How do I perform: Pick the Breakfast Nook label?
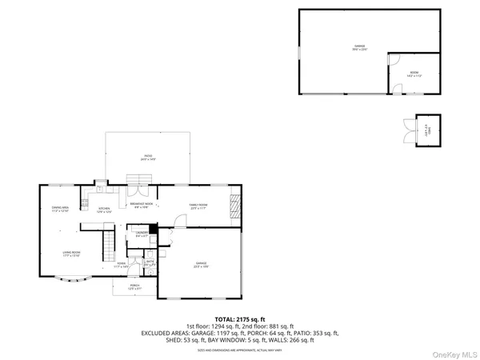click(141, 205)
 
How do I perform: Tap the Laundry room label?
click(142, 234)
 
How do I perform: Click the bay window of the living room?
click(74, 280)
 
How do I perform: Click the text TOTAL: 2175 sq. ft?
click(239, 318)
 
